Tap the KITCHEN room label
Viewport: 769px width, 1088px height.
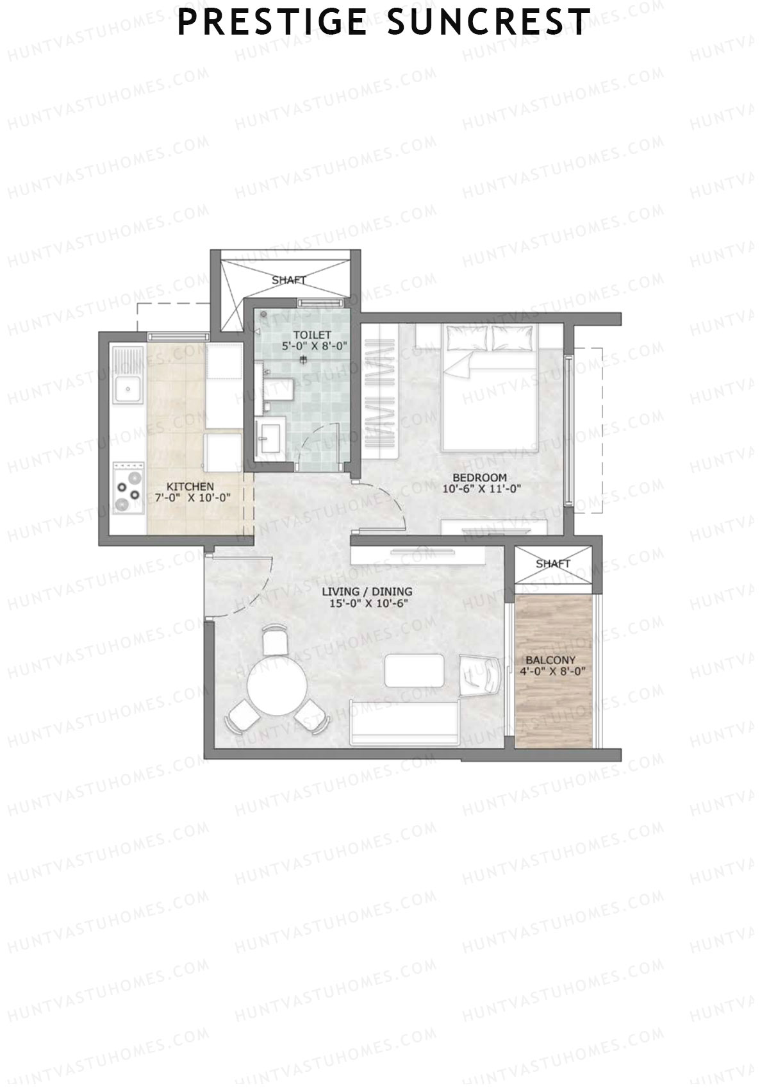coord(190,487)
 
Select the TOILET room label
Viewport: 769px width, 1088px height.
coord(311,335)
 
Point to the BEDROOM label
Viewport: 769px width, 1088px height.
coord(479,477)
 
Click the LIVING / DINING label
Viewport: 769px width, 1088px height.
coord(367,591)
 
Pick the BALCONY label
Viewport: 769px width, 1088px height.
coord(550,660)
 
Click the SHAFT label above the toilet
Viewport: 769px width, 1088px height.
coord(289,280)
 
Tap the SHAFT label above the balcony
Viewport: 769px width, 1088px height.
coord(552,564)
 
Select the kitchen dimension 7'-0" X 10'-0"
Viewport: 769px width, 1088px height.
coord(193,498)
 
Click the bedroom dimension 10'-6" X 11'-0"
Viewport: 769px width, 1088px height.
coord(481,489)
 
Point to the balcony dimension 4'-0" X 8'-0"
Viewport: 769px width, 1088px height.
coord(554,671)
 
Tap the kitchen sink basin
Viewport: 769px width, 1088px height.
coord(128,387)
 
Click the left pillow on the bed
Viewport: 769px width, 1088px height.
coord(467,339)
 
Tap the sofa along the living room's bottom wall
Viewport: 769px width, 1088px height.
coord(404,724)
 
